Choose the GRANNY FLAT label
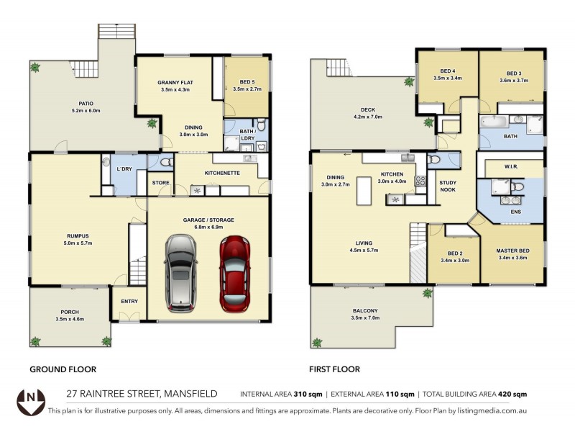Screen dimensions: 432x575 [x=172, y=82]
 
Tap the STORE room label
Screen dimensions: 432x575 [x=161, y=183]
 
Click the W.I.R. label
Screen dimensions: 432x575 [x=512, y=166]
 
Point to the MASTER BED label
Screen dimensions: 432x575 [x=512, y=251]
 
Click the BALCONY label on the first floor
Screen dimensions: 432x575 [x=365, y=310]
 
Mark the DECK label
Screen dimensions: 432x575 [x=367, y=109]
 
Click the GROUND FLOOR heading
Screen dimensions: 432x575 [x=63, y=369]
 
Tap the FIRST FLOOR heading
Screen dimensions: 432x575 [x=334, y=369]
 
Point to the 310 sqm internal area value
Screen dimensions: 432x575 [x=308, y=395]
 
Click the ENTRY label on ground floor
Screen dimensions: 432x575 [x=129, y=301]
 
